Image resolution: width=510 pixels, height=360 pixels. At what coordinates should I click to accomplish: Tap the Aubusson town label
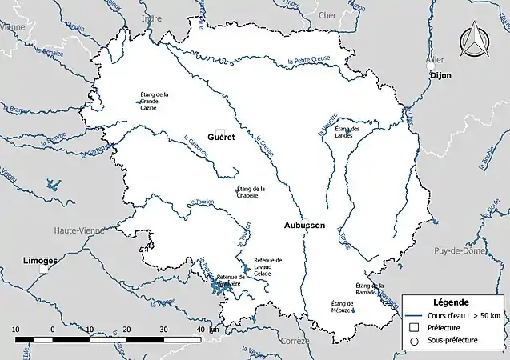(x=304, y=226)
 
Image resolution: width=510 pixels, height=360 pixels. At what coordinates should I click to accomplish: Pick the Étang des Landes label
(x=347, y=132)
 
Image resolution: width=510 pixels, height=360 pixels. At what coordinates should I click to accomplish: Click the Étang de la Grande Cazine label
(x=155, y=101)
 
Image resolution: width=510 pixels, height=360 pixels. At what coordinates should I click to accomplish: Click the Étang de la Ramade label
(x=369, y=290)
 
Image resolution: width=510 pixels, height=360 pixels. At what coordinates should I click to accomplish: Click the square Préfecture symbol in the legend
(x=415, y=327)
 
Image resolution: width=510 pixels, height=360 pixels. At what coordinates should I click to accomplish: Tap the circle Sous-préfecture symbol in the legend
(x=415, y=341)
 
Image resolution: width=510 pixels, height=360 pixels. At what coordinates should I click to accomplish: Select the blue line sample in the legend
(x=415, y=314)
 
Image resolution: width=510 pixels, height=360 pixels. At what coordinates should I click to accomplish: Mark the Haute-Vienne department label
(x=78, y=230)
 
